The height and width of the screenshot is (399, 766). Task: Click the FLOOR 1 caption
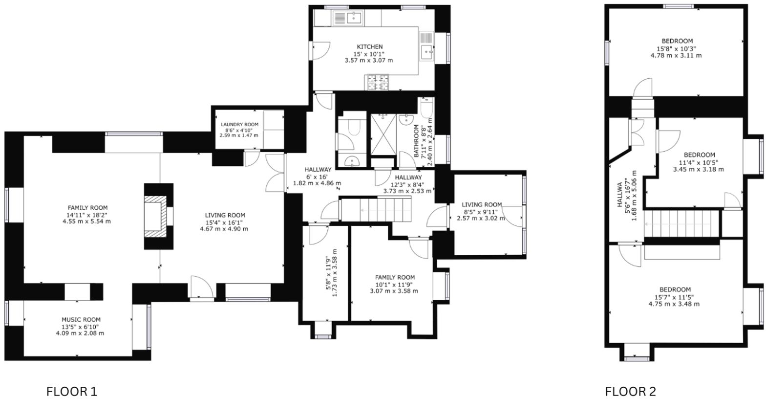pyautogui.click(x=71, y=391)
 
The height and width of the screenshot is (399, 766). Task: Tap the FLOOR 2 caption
pyautogui.click(x=630, y=391)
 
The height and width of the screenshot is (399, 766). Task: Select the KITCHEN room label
pyautogui.click(x=369, y=47)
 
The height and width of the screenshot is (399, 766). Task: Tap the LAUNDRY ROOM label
pyautogui.click(x=239, y=125)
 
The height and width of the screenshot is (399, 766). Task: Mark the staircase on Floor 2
pyautogui.click(x=681, y=224)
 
